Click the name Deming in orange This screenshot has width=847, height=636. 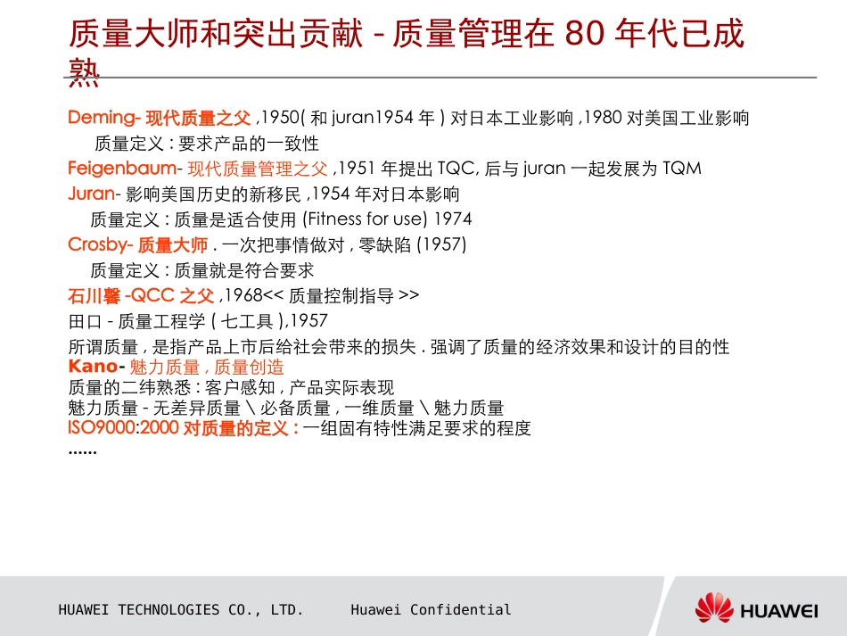[100, 118]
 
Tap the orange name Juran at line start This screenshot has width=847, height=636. [91, 194]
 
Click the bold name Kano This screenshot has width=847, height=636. [92, 367]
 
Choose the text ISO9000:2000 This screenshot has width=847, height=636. [123, 428]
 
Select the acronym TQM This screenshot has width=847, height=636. [682, 169]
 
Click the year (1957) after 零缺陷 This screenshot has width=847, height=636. [441, 244]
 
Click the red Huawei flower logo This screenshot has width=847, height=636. [714, 608]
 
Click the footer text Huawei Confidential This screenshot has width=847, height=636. [431, 610]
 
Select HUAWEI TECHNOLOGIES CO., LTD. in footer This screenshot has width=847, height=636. [181, 610]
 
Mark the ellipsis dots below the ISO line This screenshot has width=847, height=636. [82, 451]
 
